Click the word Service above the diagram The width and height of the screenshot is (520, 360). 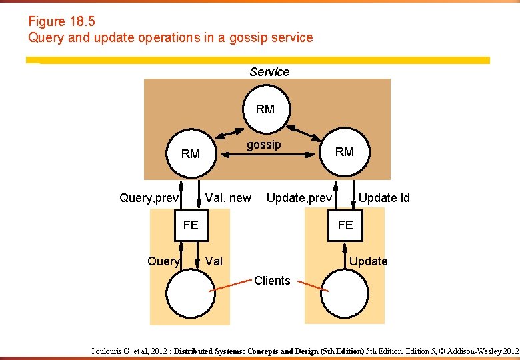coord(269,72)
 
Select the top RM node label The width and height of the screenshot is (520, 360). coord(265,109)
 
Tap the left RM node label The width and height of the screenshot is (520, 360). coord(191,154)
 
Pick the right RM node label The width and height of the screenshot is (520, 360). coord(345,152)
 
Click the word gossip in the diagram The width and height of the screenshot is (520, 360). coord(264,145)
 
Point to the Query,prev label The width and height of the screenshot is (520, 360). coord(149,198)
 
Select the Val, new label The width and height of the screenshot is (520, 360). coord(229,198)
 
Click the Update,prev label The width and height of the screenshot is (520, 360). coord(299,198)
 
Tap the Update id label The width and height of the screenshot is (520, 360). coord(384,198)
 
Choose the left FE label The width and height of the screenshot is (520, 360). coord(191,225)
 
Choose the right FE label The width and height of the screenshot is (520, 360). coord(345,225)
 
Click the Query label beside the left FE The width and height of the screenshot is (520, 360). coord(163,261)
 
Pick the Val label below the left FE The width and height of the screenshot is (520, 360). coord(214,261)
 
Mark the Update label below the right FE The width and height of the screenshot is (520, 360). coord(369,261)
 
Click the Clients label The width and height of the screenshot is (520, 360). coord(272,281)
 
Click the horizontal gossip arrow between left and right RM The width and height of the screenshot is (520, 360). coord(267,155)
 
